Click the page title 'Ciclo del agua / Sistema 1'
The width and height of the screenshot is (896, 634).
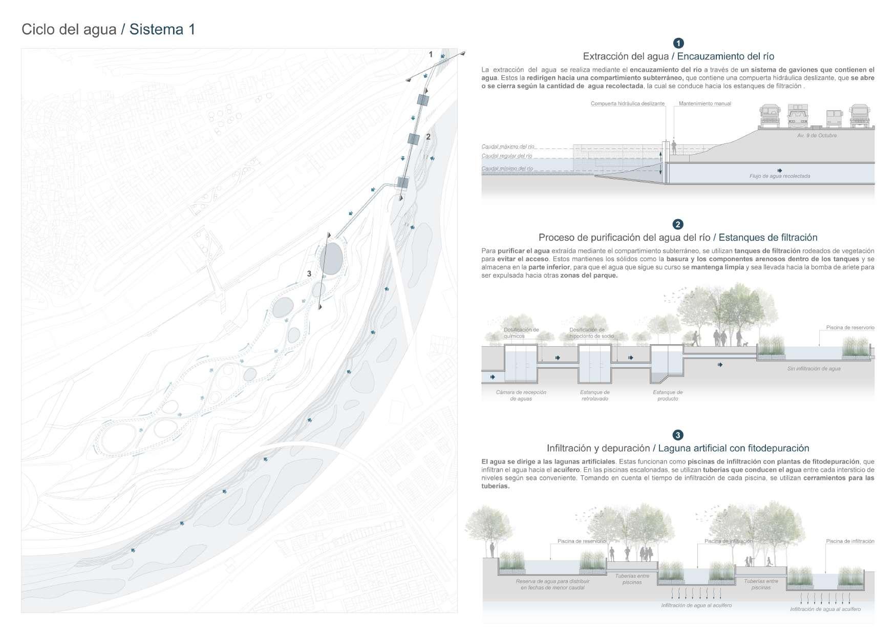[x=108, y=30]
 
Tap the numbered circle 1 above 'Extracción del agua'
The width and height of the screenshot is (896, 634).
[x=678, y=43]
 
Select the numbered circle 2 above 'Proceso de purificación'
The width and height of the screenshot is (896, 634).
[x=678, y=224]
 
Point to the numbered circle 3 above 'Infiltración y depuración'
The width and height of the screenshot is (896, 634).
[x=678, y=435]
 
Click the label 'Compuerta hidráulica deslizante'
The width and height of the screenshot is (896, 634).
[x=627, y=103]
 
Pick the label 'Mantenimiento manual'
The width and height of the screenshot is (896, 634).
[x=705, y=103]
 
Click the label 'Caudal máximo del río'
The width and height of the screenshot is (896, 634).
[x=507, y=146]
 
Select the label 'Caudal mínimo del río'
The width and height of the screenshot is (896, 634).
[x=507, y=168]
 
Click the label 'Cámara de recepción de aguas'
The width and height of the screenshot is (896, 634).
[x=521, y=395]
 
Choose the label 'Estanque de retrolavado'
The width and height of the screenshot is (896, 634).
[x=594, y=395]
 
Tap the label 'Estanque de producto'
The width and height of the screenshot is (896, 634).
[x=668, y=395]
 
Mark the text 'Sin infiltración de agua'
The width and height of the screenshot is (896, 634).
[x=814, y=369]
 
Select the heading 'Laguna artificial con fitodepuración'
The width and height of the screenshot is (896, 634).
[x=733, y=449]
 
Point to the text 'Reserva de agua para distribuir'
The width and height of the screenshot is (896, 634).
[x=552, y=581]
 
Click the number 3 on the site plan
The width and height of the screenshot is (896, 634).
[x=309, y=274]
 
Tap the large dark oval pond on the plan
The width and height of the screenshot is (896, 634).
[x=331, y=258]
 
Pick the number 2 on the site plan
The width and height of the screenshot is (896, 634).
[x=429, y=137]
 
